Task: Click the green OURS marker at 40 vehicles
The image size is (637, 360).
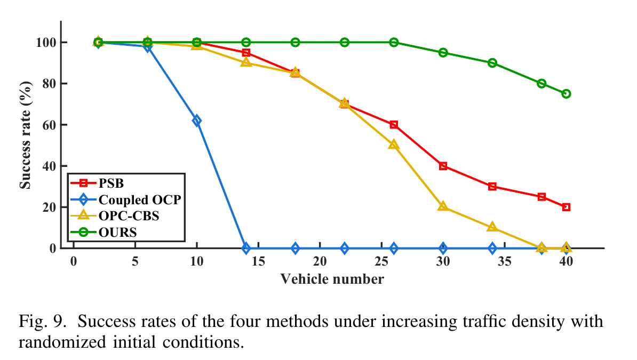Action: tap(566, 94)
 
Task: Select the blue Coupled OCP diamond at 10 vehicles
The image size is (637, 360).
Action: tap(197, 121)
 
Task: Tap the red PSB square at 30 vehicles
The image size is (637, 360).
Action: tap(443, 166)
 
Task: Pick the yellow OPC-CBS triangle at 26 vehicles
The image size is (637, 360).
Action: tap(394, 145)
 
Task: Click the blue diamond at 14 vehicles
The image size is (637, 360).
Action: tap(246, 248)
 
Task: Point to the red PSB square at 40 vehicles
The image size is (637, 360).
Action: tap(566, 207)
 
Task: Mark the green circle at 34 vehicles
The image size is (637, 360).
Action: tap(492, 63)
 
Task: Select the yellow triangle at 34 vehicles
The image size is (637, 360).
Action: tap(492, 227)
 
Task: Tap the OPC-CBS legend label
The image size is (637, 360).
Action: tap(129, 217)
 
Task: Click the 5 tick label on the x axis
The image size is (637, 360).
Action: tap(135, 261)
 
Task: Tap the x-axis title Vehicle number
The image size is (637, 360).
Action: tap(332, 279)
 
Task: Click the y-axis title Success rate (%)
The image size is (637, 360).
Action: tap(25, 134)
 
